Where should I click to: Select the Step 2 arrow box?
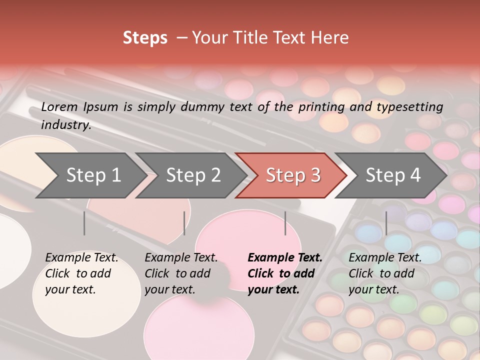192,175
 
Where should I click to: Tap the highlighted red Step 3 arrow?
292,175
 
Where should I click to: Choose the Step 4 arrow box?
392,175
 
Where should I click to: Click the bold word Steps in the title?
145,37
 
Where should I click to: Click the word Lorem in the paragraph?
59,106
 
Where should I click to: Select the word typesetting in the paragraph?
409,106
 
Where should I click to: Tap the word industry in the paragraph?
66,124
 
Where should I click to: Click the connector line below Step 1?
84,223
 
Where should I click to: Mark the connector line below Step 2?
184,223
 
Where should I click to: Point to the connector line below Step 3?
285,223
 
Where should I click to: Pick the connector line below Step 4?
386,223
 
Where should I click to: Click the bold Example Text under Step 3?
285,258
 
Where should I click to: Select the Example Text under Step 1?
81,258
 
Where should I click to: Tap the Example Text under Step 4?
385,258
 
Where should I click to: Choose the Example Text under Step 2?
181,258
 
